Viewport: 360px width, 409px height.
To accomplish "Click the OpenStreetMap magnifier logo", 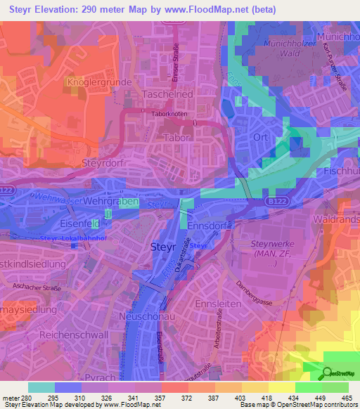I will click(x=328, y=373).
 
